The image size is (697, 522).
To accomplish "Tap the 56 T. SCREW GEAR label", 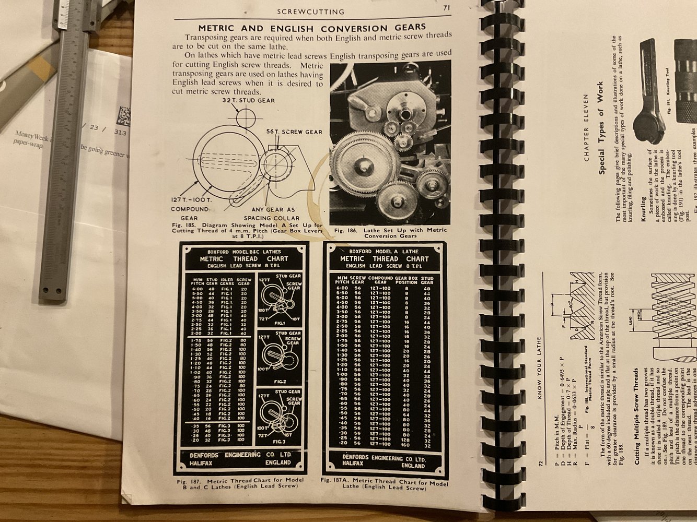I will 294,132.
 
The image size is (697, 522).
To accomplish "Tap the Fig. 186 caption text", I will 390,233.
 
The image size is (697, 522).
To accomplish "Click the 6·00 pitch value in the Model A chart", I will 342,288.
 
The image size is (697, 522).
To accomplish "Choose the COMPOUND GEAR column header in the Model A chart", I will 380,280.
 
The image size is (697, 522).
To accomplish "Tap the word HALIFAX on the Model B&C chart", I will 201,462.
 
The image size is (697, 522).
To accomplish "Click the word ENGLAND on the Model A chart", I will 413,465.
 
